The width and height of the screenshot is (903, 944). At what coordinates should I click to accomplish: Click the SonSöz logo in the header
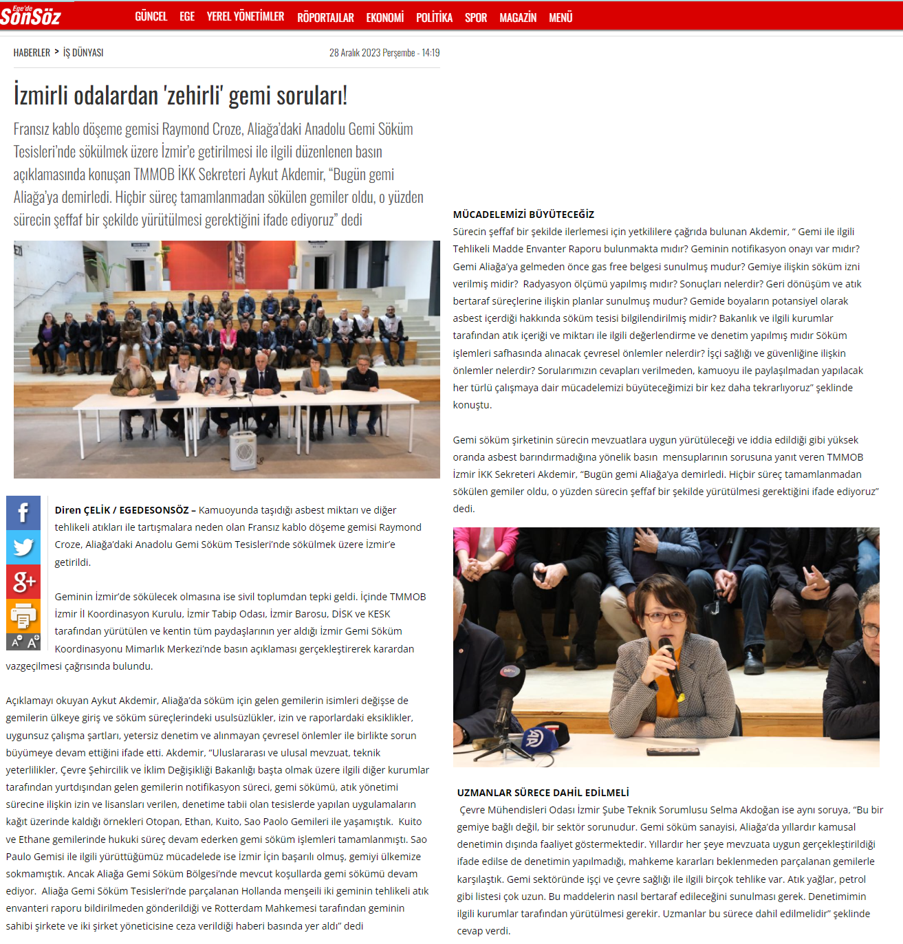pos(31,15)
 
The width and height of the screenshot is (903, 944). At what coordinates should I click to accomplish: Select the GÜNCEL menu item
pos(151,17)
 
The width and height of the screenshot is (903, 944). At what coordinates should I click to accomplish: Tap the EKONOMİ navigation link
pos(384,17)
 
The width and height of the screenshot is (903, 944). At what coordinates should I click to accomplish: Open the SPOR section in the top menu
pos(475,17)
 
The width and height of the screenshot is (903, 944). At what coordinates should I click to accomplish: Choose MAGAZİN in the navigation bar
pos(517,17)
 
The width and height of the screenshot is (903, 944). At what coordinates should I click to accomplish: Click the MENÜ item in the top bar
pos(561,17)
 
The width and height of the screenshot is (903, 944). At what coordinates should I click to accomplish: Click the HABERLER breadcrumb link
pos(32,52)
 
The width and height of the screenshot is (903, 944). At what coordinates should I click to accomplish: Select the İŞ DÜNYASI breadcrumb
pos(83,52)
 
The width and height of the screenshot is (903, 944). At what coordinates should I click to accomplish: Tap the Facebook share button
pos(23,513)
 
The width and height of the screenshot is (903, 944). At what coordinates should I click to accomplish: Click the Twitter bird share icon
pos(23,547)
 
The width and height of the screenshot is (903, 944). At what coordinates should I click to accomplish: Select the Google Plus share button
pos(23,582)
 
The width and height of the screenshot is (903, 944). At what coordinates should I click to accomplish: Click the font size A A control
pos(23,642)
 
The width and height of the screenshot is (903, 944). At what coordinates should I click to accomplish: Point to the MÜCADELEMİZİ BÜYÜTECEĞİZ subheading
pos(523,215)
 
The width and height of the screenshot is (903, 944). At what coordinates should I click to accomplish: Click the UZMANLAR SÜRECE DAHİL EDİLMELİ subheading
pos(543,793)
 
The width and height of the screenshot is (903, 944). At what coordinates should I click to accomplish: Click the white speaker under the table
pos(243,450)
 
